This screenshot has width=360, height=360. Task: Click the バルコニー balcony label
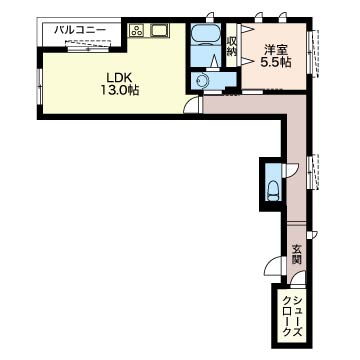point(80,31)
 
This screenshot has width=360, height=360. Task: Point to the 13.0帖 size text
point(120,90)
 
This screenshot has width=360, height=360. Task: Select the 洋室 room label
point(275,50)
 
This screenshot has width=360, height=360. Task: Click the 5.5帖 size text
point(275,63)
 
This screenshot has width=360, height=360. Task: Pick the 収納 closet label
point(231,46)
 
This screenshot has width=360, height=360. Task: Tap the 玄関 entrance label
point(295,254)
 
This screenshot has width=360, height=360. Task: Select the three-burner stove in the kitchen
point(137,31)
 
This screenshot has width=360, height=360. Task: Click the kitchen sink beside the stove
point(159,31)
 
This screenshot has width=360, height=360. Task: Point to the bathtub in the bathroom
point(205,35)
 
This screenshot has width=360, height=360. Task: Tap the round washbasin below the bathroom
point(202,80)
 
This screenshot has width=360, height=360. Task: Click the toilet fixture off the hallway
point(273,190)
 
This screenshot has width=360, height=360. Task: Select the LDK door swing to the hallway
point(193,104)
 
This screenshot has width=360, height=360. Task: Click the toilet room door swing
point(290,170)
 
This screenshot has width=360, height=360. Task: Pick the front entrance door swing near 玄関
point(275,265)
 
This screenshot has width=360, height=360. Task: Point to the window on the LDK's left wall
point(39,86)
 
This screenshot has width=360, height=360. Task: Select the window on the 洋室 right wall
point(313,53)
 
